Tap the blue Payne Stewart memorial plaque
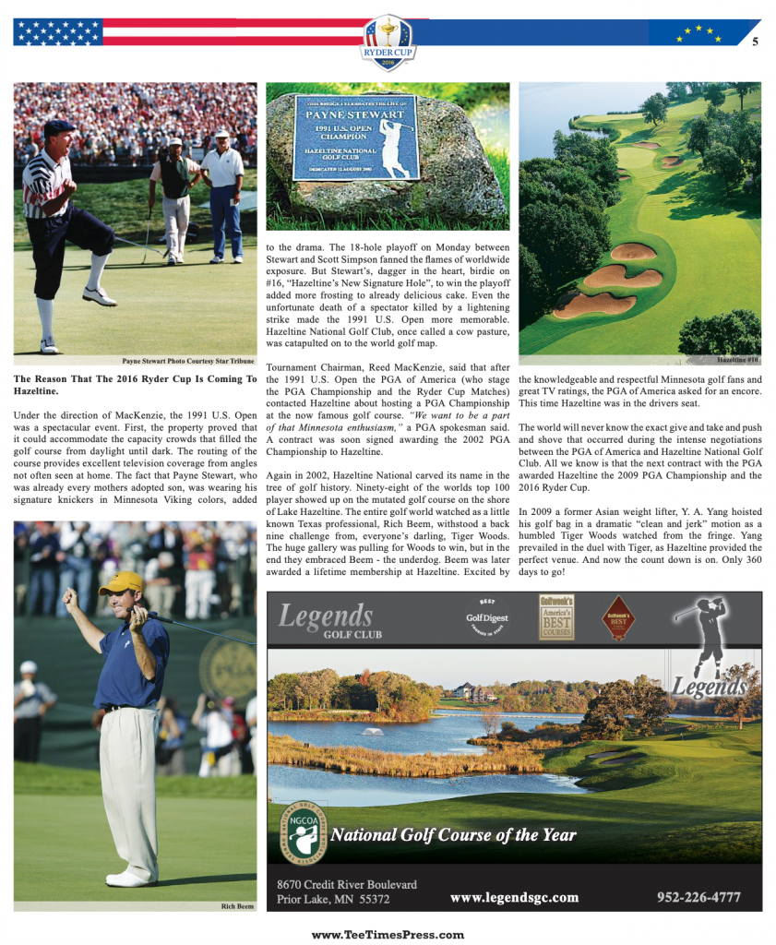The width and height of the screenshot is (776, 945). coord(355,136)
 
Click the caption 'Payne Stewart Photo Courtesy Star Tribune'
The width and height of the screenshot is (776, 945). coord(189,361)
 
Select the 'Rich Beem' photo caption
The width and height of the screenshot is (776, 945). coord(237,906)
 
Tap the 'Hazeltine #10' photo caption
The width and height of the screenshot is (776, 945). coord(738,359)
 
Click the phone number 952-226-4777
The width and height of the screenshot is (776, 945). coord(698,896)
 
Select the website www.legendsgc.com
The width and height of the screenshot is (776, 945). coord(514,897)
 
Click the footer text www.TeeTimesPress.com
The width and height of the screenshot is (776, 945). coord(388,934)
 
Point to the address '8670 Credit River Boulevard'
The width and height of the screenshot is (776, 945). coord(347,883)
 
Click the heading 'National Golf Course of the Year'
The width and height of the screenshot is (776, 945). coord(453,835)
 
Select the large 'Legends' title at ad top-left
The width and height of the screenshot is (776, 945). coord(326,616)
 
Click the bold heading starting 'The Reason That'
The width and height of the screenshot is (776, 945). coord(135,385)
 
